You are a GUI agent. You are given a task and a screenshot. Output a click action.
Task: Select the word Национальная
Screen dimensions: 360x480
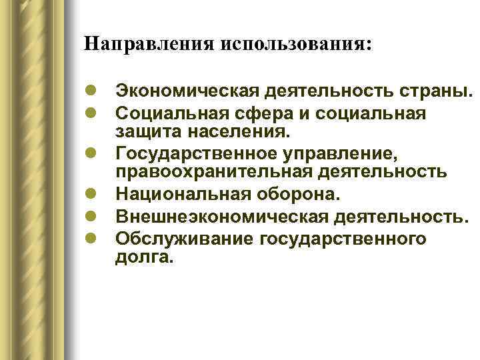point(175,196)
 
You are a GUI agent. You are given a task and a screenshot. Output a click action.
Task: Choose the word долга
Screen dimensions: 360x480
point(143,256)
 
